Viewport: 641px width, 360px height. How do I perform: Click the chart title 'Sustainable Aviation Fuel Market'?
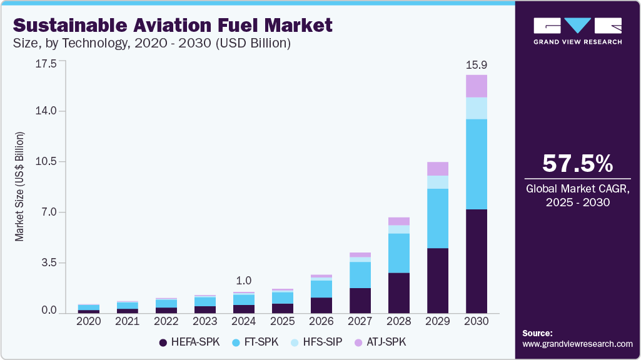pyautogui.click(x=173, y=25)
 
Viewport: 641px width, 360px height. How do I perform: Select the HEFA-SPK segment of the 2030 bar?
pyautogui.click(x=477, y=261)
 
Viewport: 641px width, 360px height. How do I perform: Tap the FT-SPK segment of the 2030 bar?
pyautogui.click(x=477, y=164)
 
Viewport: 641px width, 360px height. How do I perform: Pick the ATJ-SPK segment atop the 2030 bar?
pyautogui.click(x=477, y=86)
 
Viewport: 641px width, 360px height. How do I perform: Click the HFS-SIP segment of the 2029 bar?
pyautogui.click(x=438, y=182)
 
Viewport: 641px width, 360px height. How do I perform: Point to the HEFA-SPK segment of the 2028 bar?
pyautogui.click(x=399, y=292)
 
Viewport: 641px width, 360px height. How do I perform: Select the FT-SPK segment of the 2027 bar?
pyautogui.click(x=360, y=275)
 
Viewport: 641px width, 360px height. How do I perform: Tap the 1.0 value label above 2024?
pyautogui.click(x=243, y=281)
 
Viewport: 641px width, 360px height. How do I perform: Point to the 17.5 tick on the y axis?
pyautogui.click(x=47, y=64)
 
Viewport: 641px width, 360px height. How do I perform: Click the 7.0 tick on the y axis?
pyautogui.click(x=49, y=212)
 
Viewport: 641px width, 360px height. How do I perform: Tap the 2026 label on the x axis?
pyautogui.click(x=321, y=321)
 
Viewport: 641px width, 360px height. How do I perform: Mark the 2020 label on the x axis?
pyautogui.click(x=88, y=321)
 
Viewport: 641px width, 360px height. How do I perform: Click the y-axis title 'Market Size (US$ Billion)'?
pyautogui.click(x=20, y=187)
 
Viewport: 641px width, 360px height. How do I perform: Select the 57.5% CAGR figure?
pyautogui.click(x=577, y=164)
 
